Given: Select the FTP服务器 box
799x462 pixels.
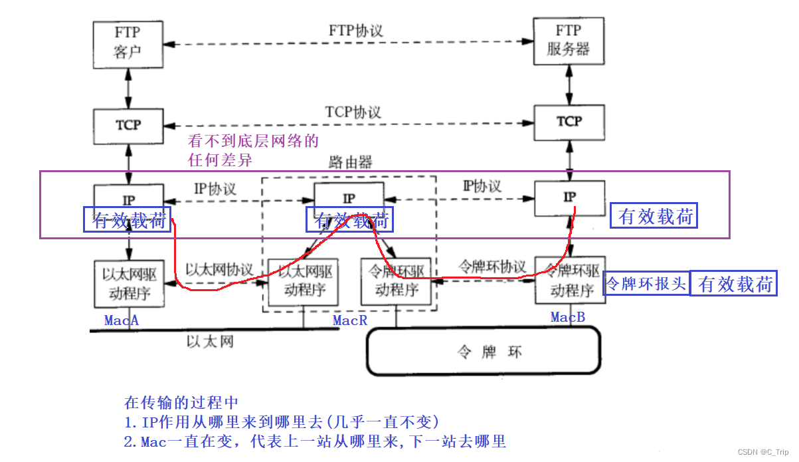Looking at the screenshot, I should click(x=569, y=41).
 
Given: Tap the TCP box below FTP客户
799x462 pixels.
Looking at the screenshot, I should click(x=128, y=125).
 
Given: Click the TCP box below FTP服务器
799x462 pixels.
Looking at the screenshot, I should click(x=569, y=122).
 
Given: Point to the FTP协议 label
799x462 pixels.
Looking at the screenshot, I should click(x=356, y=31).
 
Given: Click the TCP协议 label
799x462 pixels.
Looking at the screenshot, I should click(x=353, y=112).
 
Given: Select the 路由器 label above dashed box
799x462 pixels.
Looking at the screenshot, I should click(x=350, y=162).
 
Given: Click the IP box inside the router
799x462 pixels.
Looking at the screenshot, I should click(x=349, y=197).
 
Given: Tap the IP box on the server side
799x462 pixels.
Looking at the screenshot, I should click(x=569, y=197).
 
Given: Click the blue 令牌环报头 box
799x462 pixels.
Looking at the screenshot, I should click(x=645, y=284).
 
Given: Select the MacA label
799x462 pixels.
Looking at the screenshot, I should click(x=122, y=320).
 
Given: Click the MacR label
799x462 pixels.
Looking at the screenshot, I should click(x=350, y=320).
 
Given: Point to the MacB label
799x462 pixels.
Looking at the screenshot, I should click(x=568, y=318).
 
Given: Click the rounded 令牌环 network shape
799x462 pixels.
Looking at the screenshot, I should click(x=483, y=352).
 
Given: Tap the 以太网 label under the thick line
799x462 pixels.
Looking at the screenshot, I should click(x=209, y=342).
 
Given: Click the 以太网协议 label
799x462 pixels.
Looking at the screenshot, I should click(x=219, y=270).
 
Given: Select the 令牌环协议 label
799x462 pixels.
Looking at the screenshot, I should click(x=492, y=265).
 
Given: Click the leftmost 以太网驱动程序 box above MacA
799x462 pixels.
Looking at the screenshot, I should click(x=128, y=284).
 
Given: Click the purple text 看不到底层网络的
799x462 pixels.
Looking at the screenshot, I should click(x=254, y=141).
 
